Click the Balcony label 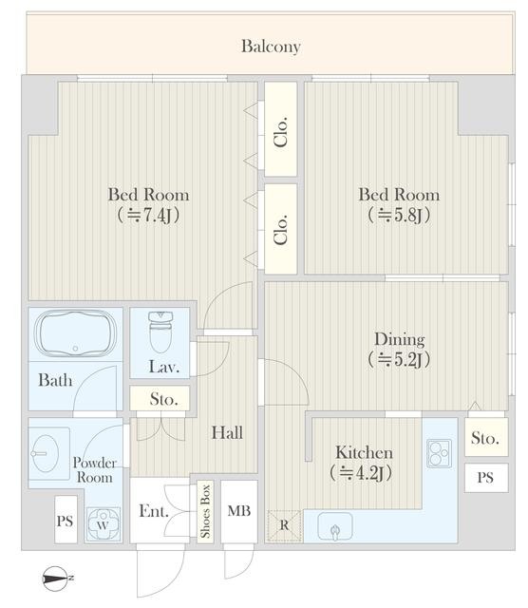(271, 47)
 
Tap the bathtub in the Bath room (75, 333)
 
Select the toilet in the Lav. (160, 332)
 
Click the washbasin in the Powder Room (46, 453)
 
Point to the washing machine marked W (103, 524)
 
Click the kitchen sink (335, 526)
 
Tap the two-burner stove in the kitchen (439, 453)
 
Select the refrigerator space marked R (284, 525)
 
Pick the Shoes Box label (205, 511)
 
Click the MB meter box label (238, 511)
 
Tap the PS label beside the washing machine (65, 521)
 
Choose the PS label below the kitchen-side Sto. (485, 477)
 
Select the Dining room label (399, 340)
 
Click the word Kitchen (364, 452)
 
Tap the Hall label (227, 433)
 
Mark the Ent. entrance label (154, 511)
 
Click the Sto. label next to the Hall (163, 399)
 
